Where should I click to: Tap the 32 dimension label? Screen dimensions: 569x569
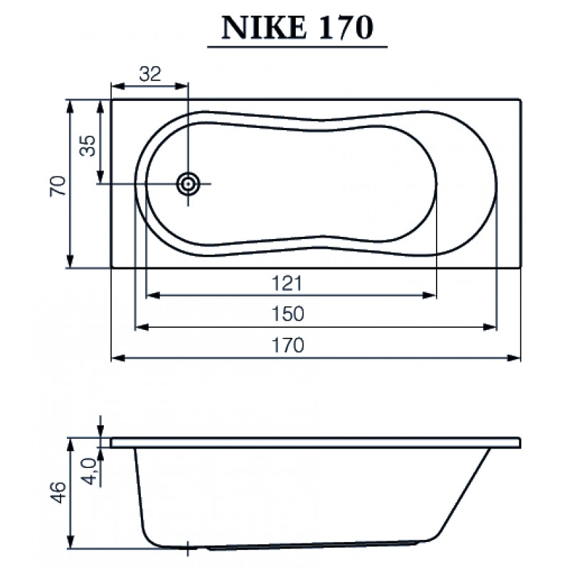(150, 73)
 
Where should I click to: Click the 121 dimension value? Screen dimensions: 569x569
(288, 283)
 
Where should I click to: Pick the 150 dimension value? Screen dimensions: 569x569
(288, 314)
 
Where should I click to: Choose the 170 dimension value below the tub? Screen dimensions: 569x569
(288, 345)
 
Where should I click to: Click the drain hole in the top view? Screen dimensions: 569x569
(188, 184)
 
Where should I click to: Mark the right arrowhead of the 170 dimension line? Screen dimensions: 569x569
(516, 357)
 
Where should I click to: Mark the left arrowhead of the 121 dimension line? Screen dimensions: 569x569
(150, 295)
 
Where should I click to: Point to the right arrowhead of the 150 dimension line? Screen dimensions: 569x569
(491, 326)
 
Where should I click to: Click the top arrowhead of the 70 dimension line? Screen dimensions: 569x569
(70, 105)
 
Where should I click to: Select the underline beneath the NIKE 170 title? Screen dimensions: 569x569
(297, 47)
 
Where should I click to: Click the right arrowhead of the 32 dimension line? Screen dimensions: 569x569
(184, 86)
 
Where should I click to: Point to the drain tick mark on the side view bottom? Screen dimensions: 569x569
(187, 548)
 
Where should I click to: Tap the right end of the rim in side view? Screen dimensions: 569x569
(519, 443)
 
